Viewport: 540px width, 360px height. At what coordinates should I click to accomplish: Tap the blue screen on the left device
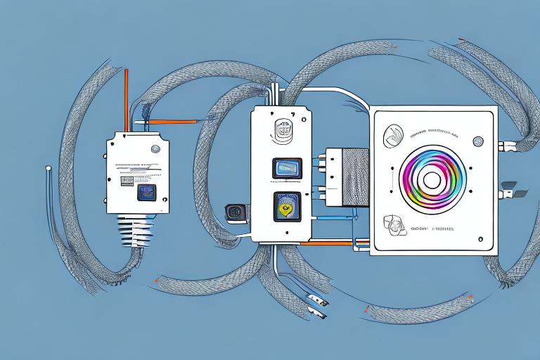(146, 192)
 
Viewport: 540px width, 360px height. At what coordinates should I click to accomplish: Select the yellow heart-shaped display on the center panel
(285, 207)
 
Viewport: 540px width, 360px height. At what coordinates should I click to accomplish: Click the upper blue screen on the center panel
(287, 168)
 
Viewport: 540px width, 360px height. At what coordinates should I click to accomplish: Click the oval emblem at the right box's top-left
(394, 132)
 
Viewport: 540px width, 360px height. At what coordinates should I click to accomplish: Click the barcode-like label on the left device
(126, 181)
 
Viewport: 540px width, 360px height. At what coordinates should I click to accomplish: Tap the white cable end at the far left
(47, 168)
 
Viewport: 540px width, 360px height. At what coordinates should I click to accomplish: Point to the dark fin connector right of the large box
(511, 188)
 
